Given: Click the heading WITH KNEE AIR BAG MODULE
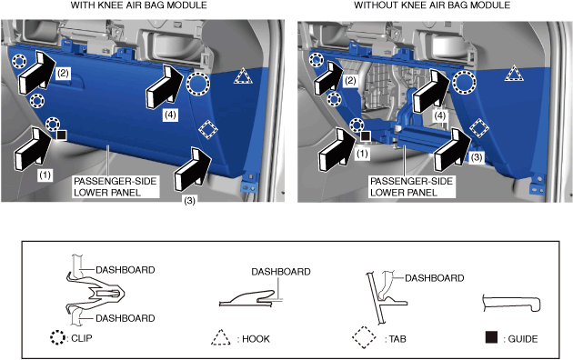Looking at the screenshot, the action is (x=139, y=5).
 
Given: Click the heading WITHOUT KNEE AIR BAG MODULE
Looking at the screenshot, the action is (x=432, y=5).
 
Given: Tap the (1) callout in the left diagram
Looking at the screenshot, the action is (x=45, y=175).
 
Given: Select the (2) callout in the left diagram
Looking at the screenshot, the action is (x=63, y=74).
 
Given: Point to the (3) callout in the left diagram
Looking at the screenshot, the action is (x=189, y=200).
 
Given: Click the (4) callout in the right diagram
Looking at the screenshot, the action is (x=439, y=115).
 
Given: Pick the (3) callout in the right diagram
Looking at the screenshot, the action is (x=477, y=157).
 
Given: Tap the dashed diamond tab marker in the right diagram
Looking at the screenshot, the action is (x=479, y=128).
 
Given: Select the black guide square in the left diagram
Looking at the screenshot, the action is (x=62, y=135).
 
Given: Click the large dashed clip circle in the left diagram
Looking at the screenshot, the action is (x=198, y=84).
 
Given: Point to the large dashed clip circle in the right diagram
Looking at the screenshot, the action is (x=464, y=82).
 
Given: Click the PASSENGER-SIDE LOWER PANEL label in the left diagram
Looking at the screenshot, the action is (x=116, y=186).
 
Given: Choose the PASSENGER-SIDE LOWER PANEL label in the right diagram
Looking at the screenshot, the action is (x=411, y=186).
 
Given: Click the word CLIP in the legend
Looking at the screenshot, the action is (x=82, y=338).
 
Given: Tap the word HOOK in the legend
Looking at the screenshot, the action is (x=256, y=339).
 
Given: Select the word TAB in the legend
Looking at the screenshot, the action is (x=397, y=339).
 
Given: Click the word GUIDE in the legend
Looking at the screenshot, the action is (x=523, y=339).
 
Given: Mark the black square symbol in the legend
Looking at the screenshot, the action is (x=491, y=337).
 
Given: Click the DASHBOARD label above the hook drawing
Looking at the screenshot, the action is (x=281, y=272).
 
